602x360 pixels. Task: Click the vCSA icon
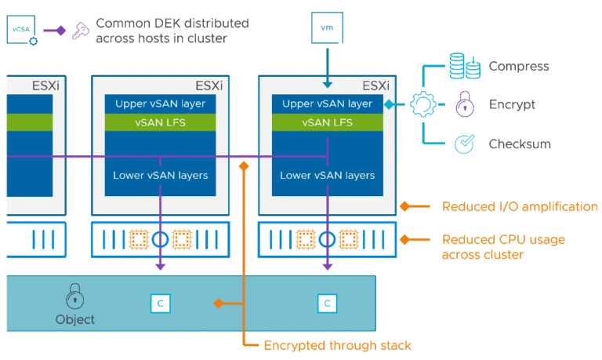click(23, 31)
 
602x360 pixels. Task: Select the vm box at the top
click(327, 27)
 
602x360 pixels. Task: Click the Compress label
click(519, 67)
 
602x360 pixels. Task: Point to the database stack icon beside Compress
click(464, 66)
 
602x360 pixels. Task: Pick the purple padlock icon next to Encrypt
click(464, 104)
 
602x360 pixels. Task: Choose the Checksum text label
click(520, 144)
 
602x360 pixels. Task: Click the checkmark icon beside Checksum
click(464, 144)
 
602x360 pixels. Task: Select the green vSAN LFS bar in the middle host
click(160, 122)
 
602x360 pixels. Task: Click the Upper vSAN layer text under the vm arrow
click(326, 104)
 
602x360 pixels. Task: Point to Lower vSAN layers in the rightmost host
click(327, 175)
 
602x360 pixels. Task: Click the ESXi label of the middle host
click(209, 85)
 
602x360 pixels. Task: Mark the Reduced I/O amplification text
click(520, 207)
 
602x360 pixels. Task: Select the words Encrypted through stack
click(337, 344)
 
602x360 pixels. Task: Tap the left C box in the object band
click(160, 302)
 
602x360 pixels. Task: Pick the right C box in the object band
click(327, 302)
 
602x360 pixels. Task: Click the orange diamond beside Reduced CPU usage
click(405, 239)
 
